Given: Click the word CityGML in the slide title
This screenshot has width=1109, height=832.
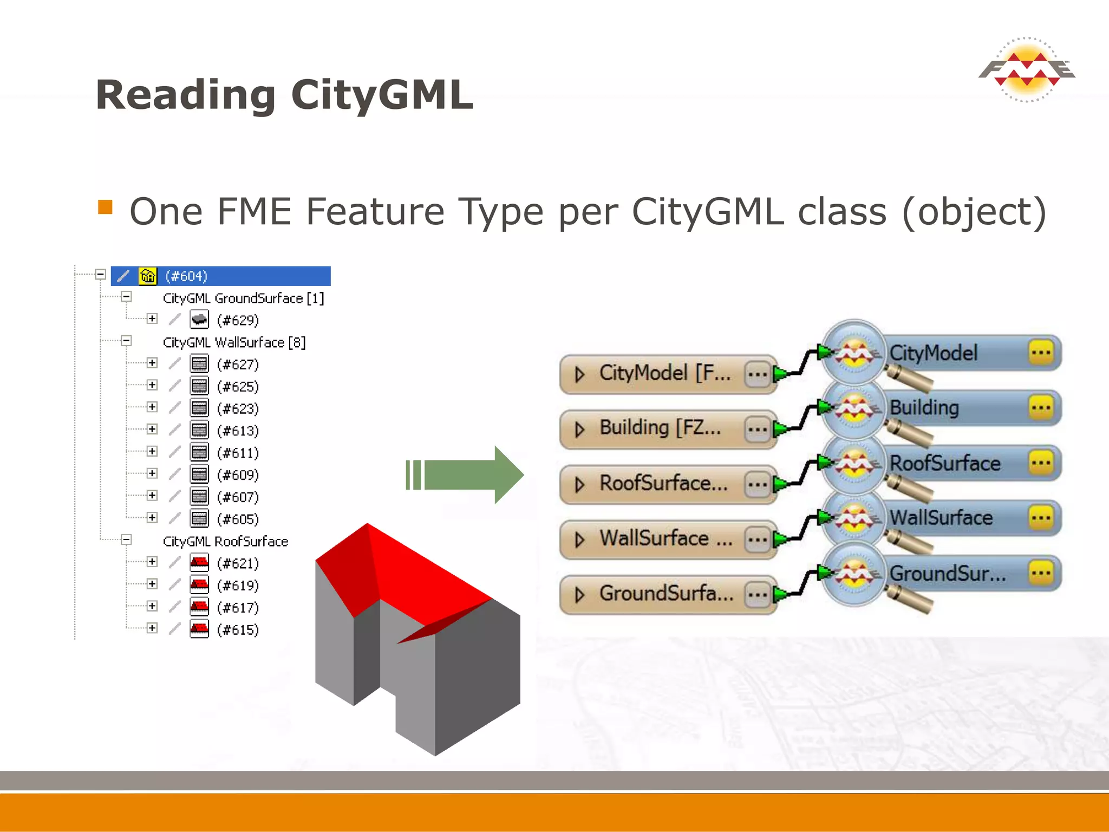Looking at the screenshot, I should [x=382, y=95].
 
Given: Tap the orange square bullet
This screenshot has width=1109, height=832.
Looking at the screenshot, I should [x=105, y=207].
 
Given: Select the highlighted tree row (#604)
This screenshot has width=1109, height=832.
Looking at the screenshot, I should [x=220, y=276].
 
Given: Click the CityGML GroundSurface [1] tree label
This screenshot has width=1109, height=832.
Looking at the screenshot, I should [x=243, y=298].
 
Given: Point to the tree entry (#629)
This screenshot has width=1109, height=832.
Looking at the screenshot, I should [x=238, y=320].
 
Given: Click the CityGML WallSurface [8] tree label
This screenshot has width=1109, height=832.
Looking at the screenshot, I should [x=234, y=343].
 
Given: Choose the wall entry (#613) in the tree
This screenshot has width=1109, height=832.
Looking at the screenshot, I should [x=238, y=431].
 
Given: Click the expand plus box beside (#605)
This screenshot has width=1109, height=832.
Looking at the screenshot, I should [x=152, y=518].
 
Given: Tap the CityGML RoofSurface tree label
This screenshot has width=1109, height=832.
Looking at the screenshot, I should [x=225, y=542].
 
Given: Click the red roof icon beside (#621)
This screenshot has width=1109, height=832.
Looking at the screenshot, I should [x=199, y=563].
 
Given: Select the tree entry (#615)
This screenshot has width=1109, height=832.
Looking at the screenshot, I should [x=238, y=630].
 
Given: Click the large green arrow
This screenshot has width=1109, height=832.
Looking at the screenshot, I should [x=466, y=475].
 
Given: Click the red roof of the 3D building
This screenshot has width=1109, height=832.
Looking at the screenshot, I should [x=412, y=569].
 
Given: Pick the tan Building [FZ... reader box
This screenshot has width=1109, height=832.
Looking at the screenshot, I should [x=661, y=428].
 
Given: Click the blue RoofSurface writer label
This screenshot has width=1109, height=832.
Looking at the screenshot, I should [x=945, y=464].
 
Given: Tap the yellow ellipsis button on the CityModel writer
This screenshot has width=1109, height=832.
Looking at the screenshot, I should [x=1041, y=353].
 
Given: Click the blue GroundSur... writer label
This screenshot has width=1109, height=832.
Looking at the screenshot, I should [x=948, y=573].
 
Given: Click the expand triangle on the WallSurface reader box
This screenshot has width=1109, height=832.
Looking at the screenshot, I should [x=579, y=539].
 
